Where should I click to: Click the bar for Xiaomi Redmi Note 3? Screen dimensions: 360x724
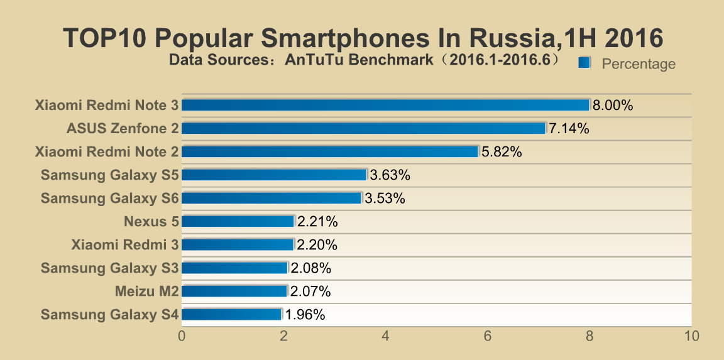point(385,105)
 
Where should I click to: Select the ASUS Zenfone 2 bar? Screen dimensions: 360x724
point(363,128)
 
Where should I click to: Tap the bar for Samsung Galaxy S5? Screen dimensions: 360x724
point(274,175)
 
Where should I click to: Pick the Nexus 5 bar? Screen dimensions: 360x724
point(238,221)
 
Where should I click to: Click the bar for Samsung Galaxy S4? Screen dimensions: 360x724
point(231,314)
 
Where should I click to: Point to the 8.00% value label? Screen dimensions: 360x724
point(612,106)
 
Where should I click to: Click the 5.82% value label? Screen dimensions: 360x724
point(501,152)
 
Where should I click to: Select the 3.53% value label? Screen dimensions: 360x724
point(385,199)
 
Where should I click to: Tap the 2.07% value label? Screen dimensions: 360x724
point(310,292)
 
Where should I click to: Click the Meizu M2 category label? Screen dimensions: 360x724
point(147,292)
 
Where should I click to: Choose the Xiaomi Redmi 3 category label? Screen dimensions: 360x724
point(125,244)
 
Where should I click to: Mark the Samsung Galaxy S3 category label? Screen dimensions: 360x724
point(110,268)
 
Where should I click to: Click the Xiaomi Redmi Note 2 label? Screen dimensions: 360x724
point(107,151)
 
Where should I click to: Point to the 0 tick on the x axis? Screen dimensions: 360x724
point(182,337)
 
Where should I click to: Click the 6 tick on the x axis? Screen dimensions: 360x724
point(487,337)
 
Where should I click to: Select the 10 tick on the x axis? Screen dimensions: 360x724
point(691,337)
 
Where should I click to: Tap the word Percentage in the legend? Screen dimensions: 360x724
point(639,64)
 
